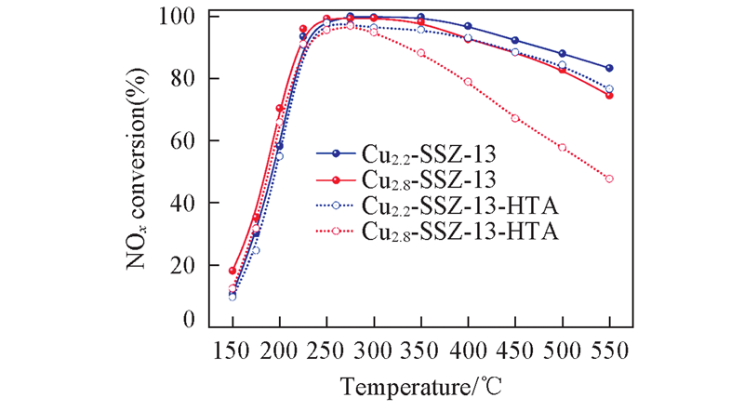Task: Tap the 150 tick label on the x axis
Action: [232, 350]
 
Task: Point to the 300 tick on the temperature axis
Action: [374, 350]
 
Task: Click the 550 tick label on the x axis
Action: [609, 350]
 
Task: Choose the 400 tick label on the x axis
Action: [468, 350]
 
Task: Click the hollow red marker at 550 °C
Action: [609, 179]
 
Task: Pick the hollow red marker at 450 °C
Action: [515, 118]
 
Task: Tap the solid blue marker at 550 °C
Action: [609, 68]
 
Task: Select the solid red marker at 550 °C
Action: [609, 95]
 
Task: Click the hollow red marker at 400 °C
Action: [468, 82]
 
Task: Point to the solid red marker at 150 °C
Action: [232, 271]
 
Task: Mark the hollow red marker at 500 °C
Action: [562, 147]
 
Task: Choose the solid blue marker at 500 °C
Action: [562, 54]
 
